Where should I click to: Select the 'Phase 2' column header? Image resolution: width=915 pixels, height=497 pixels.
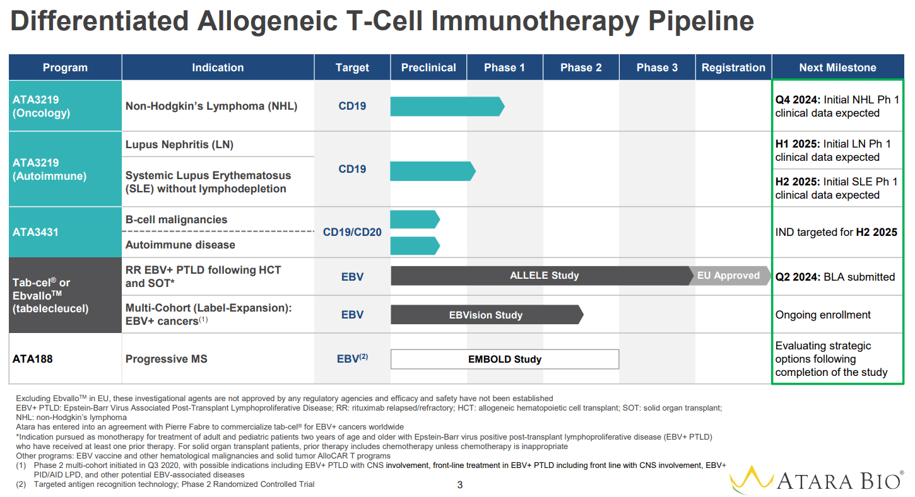[x=581, y=67]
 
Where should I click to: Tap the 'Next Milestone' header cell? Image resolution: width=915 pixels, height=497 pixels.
[x=837, y=67]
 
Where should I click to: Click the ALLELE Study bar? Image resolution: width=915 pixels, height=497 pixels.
[x=543, y=276]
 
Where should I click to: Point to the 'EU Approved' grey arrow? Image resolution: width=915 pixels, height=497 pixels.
[x=728, y=276]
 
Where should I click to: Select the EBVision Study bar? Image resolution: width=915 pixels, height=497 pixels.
[x=485, y=315]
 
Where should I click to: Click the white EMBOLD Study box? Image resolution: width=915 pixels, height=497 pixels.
[x=504, y=360]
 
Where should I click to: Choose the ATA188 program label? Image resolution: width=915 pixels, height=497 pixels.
[x=33, y=359]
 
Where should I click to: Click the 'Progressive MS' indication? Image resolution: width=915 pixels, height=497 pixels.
[x=166, y=359]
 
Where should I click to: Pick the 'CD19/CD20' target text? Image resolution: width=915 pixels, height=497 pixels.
[x=352, y=232]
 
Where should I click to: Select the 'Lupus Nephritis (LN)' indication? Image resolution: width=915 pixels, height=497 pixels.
[x=179, y=144]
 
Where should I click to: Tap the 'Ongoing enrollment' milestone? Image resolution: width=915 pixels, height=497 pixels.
[x=823, y=315]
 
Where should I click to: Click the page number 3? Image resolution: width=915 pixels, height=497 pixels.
[x=459, y=485]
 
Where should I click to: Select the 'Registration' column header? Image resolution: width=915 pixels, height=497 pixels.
[x=733, y=67]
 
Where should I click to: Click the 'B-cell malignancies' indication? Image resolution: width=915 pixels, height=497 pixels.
[x=176, y=219]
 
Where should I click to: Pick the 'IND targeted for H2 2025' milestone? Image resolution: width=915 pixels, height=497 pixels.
[x=835, y=232]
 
